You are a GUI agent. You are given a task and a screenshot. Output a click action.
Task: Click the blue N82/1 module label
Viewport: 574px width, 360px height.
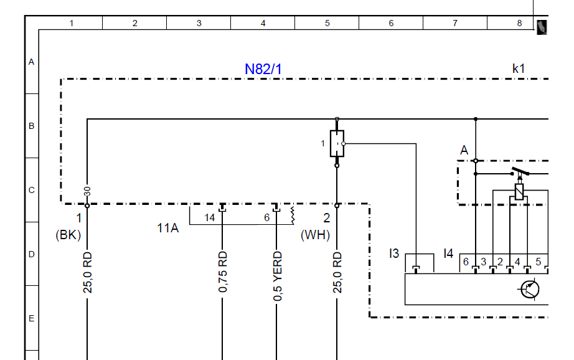(263, 69)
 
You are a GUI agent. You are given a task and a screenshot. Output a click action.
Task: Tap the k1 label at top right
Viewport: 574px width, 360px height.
(519, 69)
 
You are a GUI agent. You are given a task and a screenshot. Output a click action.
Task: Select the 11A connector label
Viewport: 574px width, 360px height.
(168, 228)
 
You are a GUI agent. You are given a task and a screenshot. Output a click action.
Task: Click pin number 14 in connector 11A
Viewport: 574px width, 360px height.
(209, 217)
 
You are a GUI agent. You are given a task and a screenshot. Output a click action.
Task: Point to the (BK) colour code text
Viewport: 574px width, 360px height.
(68, 235)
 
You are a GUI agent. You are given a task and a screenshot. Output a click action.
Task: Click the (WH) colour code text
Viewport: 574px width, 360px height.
(315, 235)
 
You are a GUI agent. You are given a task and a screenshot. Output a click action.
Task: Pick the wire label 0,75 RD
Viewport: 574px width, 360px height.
(223, 272)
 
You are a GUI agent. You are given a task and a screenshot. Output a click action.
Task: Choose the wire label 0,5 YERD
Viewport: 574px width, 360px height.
(278, 276)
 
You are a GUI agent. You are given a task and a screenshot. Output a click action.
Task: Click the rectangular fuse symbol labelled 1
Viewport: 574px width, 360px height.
(337, 143)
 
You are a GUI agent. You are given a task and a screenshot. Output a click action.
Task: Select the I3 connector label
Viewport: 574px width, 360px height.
(394, 253)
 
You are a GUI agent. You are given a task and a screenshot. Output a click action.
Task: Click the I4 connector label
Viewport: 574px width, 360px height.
(448, 253)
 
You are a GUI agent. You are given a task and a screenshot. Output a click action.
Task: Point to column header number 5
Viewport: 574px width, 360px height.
(327, 24)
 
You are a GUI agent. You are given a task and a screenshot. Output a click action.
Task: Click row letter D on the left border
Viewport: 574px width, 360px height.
(32, 254)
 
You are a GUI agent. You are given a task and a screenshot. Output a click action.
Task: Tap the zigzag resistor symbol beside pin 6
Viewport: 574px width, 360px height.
(293, 216)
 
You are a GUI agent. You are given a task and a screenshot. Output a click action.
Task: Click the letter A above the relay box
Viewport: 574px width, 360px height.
(464, 150)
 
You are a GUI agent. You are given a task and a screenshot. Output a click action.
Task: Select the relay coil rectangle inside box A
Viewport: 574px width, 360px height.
(519, 192)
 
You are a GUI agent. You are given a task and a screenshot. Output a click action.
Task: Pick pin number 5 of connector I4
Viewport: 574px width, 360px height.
(538, 262)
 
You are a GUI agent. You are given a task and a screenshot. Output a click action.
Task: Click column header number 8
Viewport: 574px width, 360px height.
(519, 24)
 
